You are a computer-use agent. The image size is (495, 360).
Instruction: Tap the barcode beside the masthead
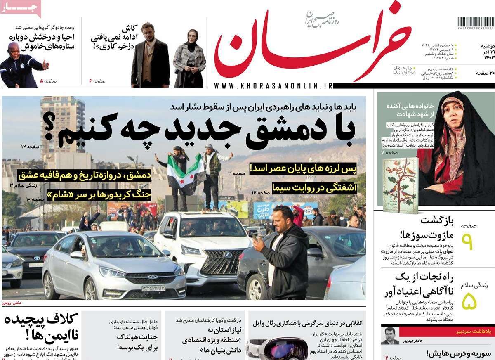[476, 22]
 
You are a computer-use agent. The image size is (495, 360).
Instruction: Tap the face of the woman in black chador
[451, 111]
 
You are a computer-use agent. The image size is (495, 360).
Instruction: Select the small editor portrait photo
[390, 336]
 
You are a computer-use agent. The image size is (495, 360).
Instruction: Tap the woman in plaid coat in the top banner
[190, 58]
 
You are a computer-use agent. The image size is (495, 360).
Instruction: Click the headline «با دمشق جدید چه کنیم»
[206, 131]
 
